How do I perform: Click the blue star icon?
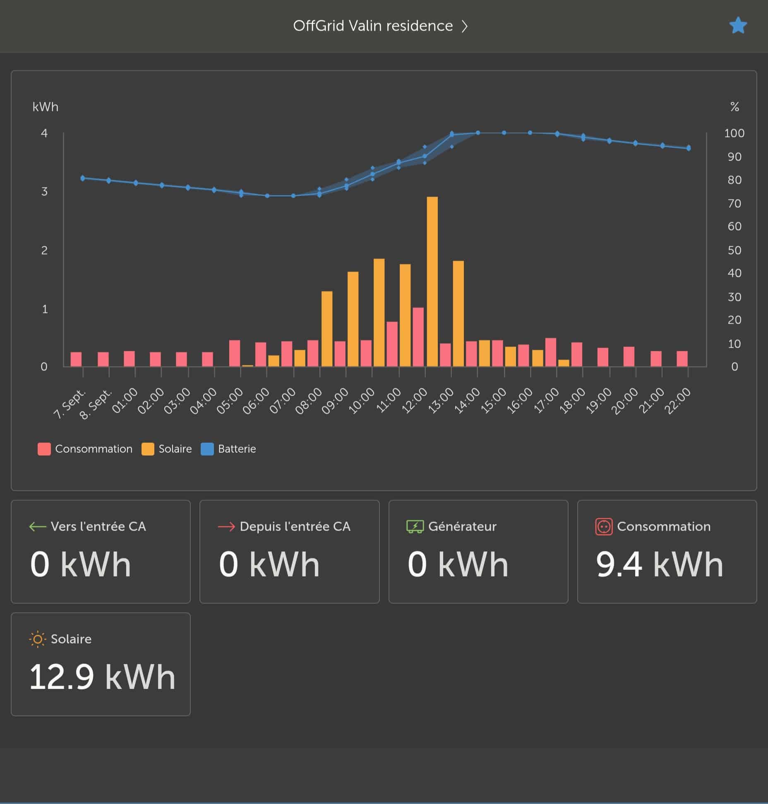738,26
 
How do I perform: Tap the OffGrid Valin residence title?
373,26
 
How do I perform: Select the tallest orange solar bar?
432,281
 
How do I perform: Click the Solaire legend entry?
167,449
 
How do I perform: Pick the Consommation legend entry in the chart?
85,449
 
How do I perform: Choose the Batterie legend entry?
228,449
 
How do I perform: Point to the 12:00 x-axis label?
415,401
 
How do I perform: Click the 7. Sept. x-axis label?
70,403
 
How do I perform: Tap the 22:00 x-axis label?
677,401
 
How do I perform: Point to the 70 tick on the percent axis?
734,204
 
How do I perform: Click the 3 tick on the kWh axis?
44,192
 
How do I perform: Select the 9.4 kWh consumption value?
660,564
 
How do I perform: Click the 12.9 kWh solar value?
102,677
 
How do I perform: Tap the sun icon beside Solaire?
37,639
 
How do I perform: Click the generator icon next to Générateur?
415,527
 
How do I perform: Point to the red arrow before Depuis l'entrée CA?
226,527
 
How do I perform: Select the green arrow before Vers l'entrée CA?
37,527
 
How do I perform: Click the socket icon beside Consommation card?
604,527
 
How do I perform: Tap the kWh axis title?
46,107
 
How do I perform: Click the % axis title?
734,107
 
